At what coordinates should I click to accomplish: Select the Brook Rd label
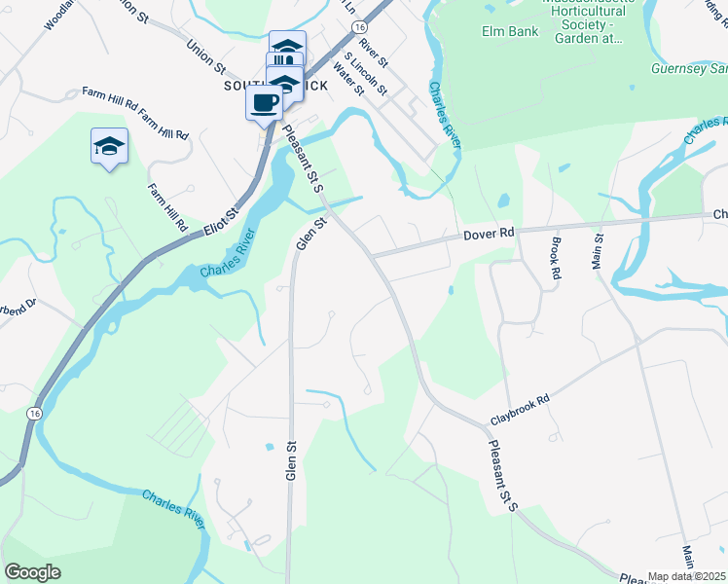[556, 259]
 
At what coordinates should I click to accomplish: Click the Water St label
[347, 79]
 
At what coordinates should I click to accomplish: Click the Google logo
[32, 572]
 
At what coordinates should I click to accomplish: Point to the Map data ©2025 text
[687, 576]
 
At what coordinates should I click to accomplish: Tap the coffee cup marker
[264, 101]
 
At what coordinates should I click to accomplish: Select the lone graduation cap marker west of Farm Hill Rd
[109, 146]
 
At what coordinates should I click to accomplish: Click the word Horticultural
[574, 22]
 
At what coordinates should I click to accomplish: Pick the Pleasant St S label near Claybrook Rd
[499, 472]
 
